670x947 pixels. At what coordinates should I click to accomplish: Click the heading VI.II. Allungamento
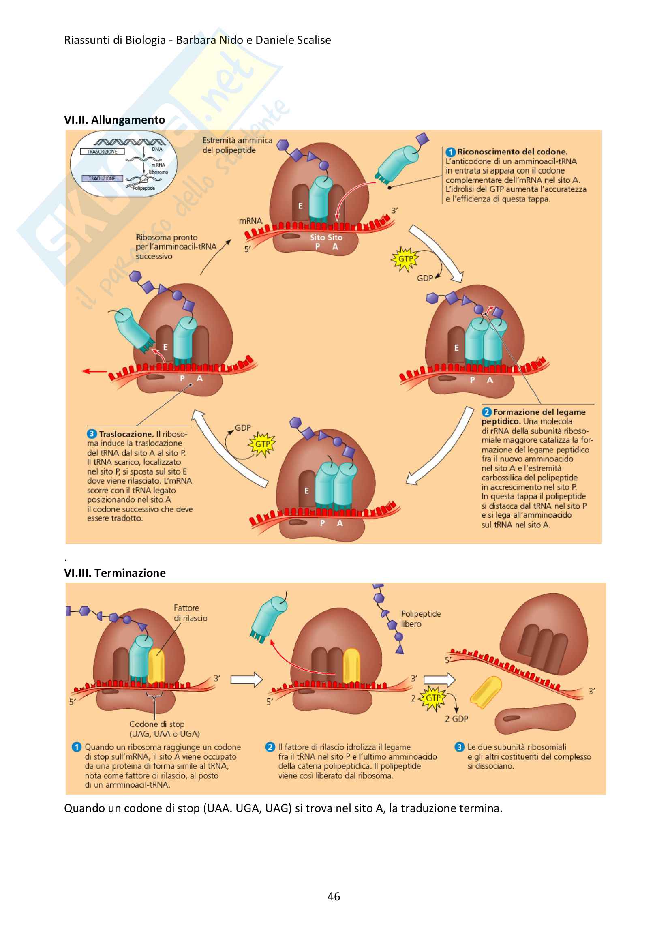pyautogui.click(x=114, y=120)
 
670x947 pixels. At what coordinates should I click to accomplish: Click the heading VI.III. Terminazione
pyautogui.click(x=115, y=573)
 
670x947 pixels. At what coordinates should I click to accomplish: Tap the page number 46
pyautogui.click(x=334, y=896)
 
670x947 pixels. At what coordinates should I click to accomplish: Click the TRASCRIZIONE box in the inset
pyautogui.click(x=102, y=152)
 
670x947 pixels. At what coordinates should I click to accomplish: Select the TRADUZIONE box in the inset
pyautogui.click(x=102, y=178)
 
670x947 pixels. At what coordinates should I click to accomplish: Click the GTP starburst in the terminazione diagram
pyautogui.click(x=432, y=698)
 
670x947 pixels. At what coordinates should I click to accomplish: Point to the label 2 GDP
pyautogui.click(x=456, y=718)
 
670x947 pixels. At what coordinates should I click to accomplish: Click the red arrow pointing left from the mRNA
pyautogui.click(x=94, y=371)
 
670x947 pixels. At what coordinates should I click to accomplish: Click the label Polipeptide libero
pyautogui.click(x=420, y=619)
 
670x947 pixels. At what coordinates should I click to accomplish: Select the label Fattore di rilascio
pyautogui.click(x=190, y=613)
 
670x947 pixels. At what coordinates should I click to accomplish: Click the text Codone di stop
pyautogui.click(x=157, y=724)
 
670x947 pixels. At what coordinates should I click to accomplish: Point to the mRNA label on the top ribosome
pyautogui.click(x=250, y=221)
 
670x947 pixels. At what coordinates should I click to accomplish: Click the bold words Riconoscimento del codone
pyautogui.click(x=512, y=152)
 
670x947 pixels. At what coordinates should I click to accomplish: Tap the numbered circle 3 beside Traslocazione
pyautogui.click(x=92, y=434)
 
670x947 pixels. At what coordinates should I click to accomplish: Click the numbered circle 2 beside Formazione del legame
pyautogui.click(x=487, y=412)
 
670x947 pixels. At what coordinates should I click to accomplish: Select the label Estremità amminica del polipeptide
pyautogui.click(x=237, y=145)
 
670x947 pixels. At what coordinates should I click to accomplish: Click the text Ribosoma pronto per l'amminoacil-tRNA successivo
pyautogui.click(x=176, y=247)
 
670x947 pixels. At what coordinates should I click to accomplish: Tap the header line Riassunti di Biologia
pyautogui.click(x=197, y=40)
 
